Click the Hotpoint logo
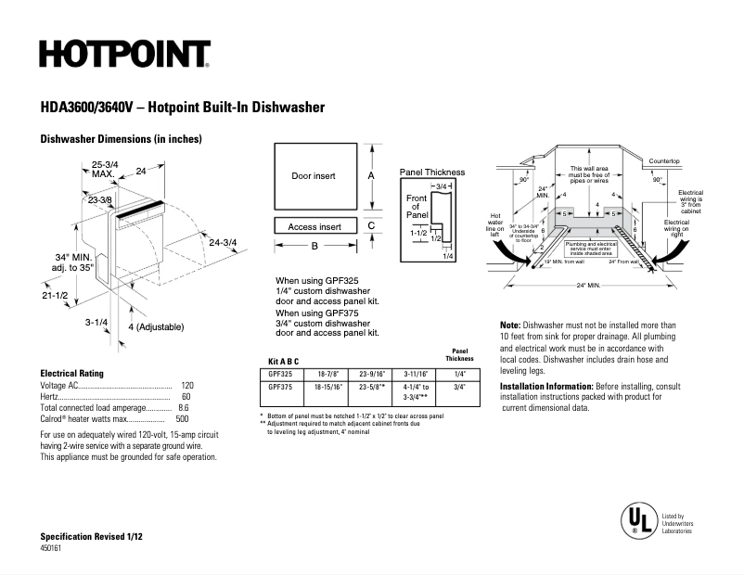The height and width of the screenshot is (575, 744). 124,54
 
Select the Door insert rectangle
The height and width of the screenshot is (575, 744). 314,175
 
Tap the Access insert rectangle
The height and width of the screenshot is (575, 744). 314,226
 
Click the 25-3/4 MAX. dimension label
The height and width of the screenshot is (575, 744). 103,169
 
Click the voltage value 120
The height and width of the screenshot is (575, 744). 187,385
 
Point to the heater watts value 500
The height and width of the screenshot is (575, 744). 183,418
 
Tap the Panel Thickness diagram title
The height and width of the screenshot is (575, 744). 432,172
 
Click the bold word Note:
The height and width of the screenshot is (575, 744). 509,326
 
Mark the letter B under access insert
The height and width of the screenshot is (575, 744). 314,246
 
